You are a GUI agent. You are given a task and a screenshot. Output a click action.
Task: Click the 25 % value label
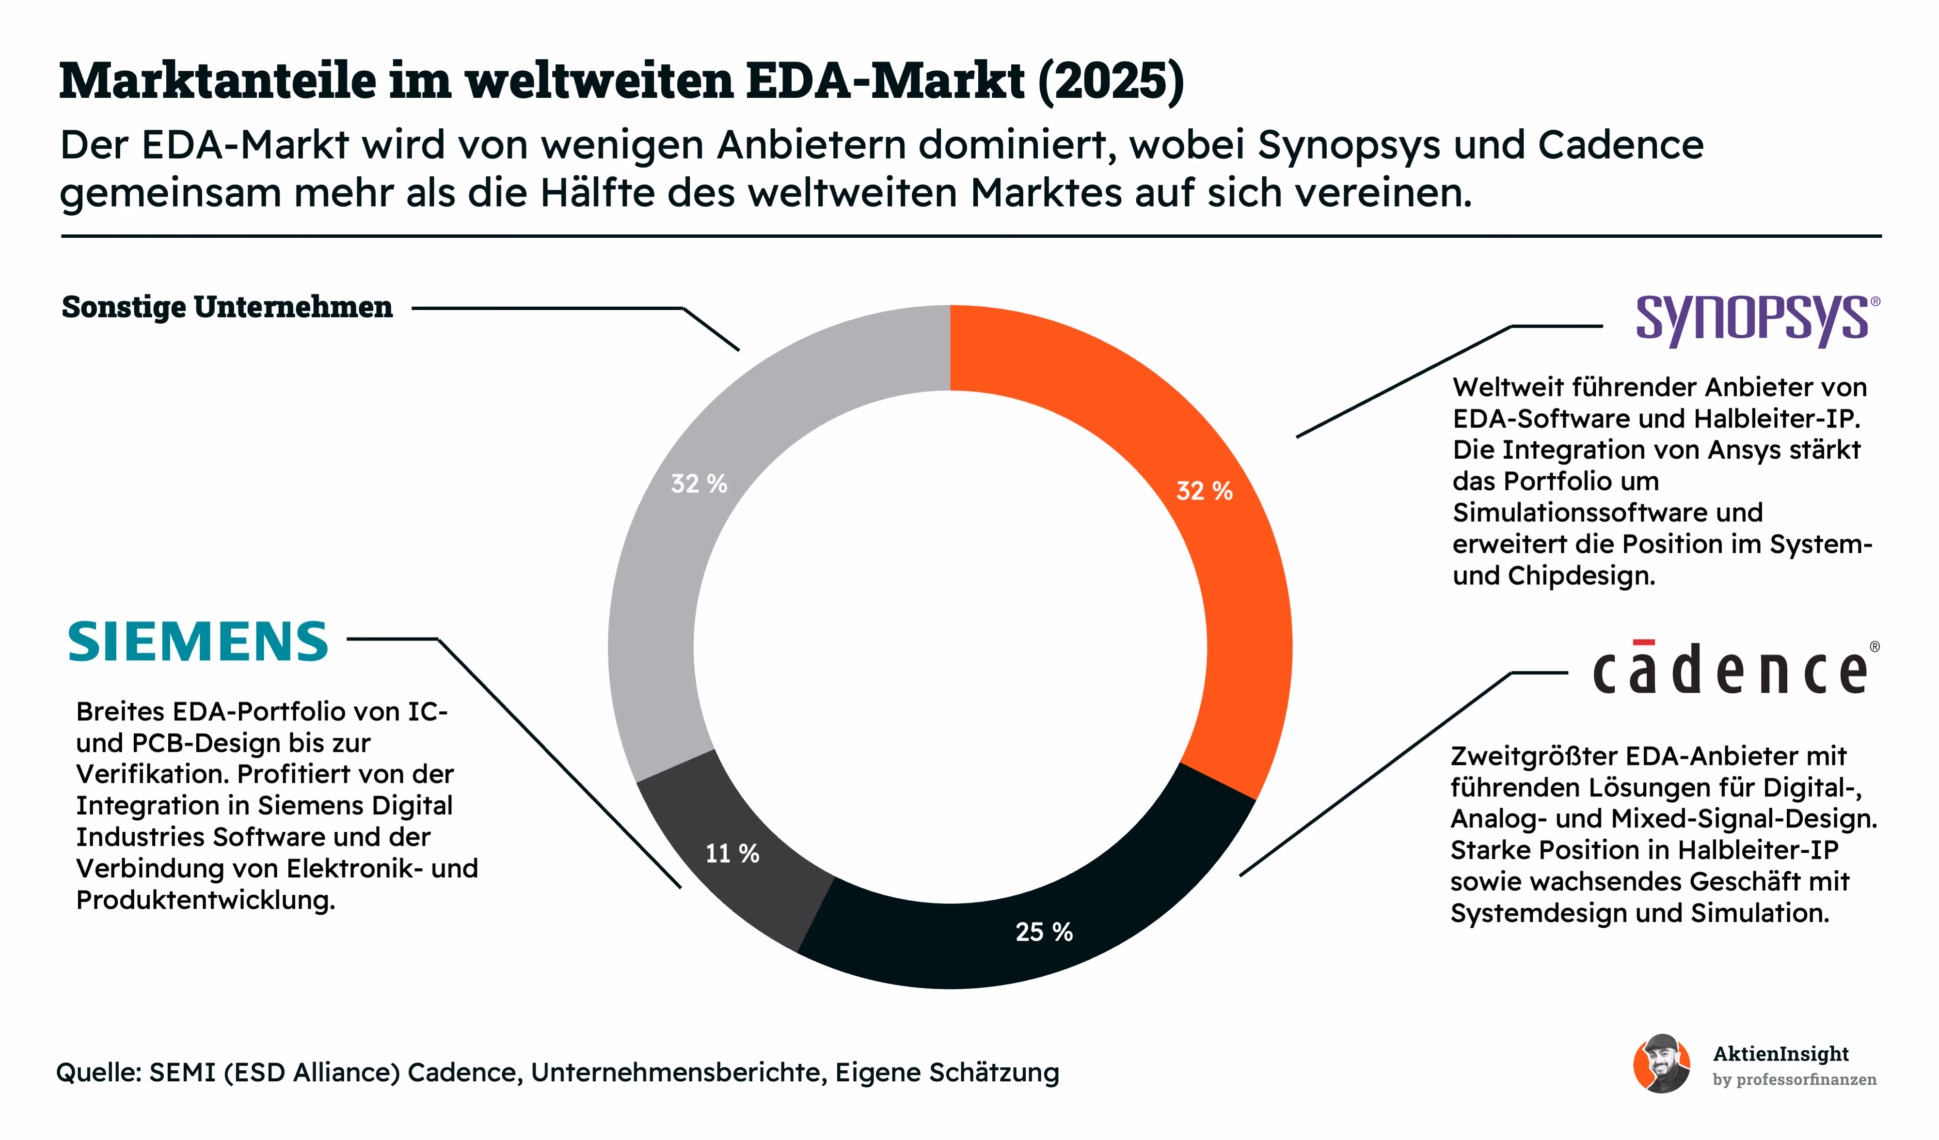1044,932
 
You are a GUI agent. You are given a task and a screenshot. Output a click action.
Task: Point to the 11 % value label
732,853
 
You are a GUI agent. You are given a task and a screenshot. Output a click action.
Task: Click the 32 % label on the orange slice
1204,490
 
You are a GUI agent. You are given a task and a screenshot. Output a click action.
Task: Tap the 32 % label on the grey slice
699,483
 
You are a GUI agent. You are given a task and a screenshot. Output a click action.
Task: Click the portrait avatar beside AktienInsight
1662,1064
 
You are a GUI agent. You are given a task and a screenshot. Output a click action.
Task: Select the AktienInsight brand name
1780,1054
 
